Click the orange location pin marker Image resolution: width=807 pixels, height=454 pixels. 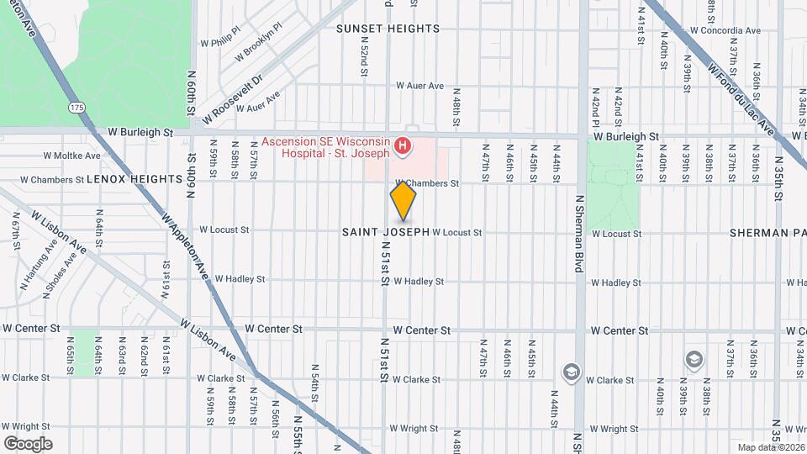[403, 203]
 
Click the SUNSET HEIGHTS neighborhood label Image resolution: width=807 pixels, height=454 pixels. [388, 29]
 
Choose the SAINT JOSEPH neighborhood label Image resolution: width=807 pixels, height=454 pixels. [386, 232]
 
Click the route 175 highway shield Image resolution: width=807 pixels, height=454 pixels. [77, 108]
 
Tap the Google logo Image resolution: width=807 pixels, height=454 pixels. [28, 444]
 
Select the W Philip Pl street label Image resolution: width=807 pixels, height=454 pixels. [221, 41]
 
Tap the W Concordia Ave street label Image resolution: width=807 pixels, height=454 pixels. [725, 31]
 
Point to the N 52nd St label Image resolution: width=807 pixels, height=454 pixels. [365, 61]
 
